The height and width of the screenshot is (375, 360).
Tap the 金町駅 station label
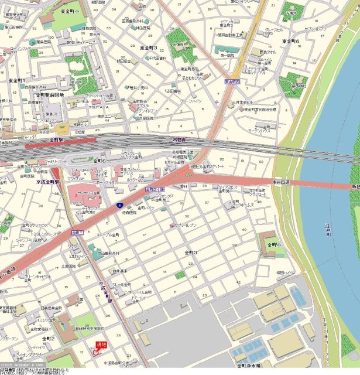pos(56,139)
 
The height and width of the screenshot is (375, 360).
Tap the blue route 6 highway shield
pos(119,205)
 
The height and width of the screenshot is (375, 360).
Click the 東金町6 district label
pos(290,41)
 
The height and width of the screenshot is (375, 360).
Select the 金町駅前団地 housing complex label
pos(53,94)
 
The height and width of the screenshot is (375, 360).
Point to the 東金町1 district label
pos(17,80)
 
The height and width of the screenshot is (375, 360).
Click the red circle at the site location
pos(95,353)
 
